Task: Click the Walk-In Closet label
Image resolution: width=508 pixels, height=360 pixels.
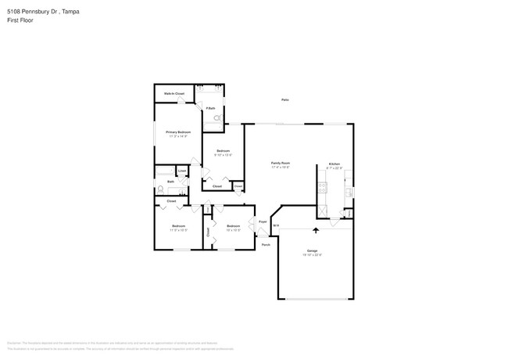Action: click(x=174, y=93)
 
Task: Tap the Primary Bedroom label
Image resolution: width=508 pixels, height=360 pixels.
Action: click(x=178, y=132)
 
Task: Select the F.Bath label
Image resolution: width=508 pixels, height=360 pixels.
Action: click(x=211, y=108)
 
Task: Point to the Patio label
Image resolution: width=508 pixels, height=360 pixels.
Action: click(x=285, y=99)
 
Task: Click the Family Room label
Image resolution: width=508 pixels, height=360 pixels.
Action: click(x=281, y=163)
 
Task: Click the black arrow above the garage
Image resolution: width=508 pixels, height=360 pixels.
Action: click(x=316, y=230)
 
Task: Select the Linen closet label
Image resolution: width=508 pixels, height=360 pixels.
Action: click(x=182, y=171)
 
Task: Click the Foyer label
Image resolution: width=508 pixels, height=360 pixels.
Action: click(x=263, y=221)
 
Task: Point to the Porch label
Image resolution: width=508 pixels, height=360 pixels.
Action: click(x=266, y=244)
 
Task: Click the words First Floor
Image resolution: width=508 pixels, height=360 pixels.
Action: click(x=19, y=21)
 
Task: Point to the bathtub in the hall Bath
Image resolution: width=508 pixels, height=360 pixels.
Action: click(x=166, y=171)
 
